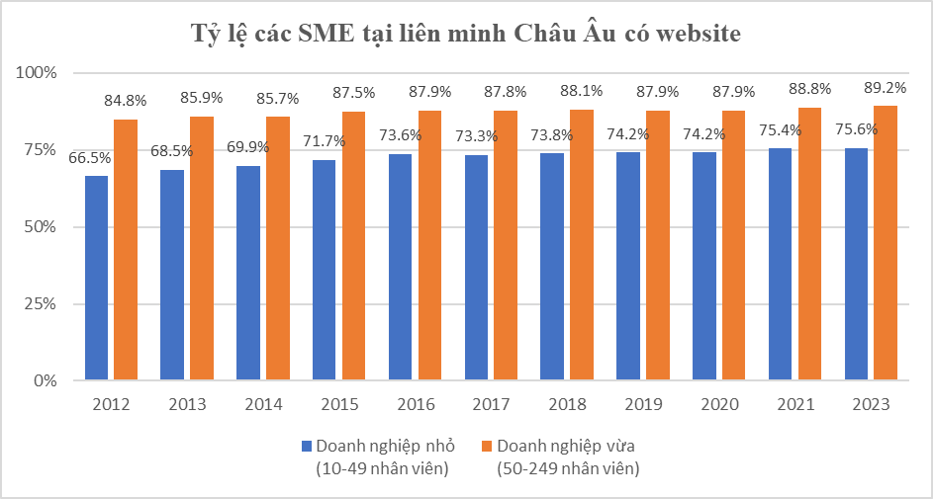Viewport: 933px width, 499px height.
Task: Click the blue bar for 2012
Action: click(x=96, y=278)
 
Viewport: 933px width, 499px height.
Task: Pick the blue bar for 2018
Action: click(x=552, y=266)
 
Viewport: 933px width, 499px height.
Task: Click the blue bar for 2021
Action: click(x=781, y=264)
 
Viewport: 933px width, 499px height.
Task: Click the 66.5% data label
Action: click(x=89, y=157)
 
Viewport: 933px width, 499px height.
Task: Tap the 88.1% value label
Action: click(x=582, y=91)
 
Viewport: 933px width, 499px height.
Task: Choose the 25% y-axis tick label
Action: click(x=41, y=303)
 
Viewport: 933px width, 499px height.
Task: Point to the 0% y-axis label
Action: click(x=45, y=380)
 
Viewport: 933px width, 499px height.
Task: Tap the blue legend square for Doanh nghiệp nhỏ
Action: click(x=307, y=446)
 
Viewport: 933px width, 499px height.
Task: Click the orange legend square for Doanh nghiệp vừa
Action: click(x=485, y=446)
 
